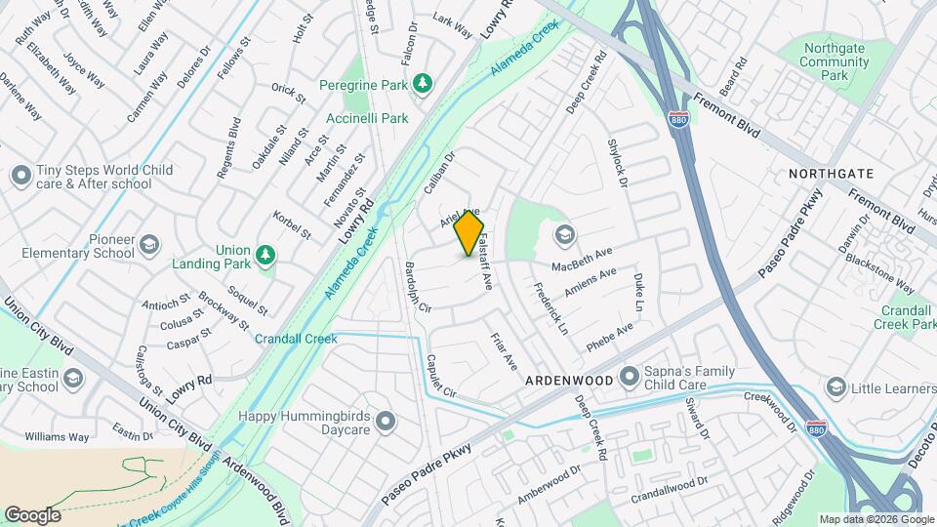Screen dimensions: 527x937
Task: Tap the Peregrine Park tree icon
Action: click(x=422, y=84)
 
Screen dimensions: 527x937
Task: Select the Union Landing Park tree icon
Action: click(x=265, y=255)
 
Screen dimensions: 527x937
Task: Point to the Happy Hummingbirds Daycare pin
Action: click(x=386, y=422)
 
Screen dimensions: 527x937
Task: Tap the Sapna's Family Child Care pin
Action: click(x=629, y=375)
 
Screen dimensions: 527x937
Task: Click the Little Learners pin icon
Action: click(x=835, y=388)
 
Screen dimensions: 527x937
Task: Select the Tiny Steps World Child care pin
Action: click(x=20, y=177)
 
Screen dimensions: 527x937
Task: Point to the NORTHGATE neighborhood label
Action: click(x=831, y=173)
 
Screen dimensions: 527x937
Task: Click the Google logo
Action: click(x=32, y=514)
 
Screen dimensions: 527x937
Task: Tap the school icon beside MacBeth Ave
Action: click(x=563, y=234)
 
